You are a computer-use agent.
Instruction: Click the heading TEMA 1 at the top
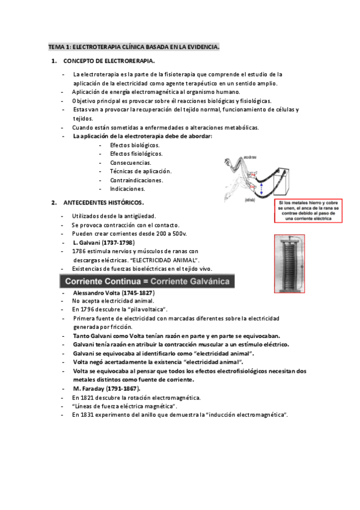[133, 46]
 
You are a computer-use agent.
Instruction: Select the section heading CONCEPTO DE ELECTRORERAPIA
[109, 61]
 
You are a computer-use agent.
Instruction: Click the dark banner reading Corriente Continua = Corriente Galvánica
[147, 281]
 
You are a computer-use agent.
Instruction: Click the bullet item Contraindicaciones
[136, 180]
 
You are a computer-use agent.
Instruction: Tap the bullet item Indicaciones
[127, 188]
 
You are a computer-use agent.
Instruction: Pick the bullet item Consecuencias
[130, 162]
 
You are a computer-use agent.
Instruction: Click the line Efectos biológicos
[135, 146]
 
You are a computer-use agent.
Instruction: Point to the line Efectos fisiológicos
[136, 154]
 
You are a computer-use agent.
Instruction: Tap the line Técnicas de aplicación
[141, 171]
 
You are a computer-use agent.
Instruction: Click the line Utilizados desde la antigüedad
[114, 216]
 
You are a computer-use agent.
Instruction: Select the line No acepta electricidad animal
[113, 301]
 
